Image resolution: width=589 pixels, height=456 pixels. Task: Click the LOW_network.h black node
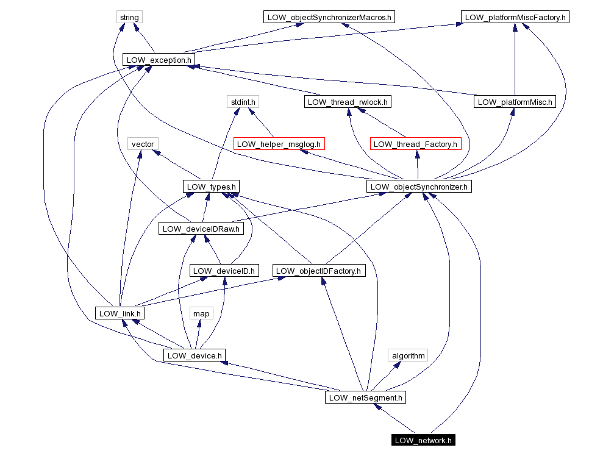click(x=423, y=440)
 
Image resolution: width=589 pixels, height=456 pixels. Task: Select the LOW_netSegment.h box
click(x=365, y=397)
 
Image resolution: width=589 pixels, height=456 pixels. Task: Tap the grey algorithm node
click(x=408, y=355)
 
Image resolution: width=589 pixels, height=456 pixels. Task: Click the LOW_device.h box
click(x=195, y=355)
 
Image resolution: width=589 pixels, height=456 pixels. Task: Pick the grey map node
click(x=201, y=313)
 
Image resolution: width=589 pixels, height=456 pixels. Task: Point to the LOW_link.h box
click(x=120, y=313)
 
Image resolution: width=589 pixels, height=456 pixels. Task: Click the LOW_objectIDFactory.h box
click(x=318, y=271)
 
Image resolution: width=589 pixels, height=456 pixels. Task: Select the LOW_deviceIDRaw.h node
click(x=201, y=229)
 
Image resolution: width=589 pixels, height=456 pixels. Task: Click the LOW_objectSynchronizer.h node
click(x=419, y=187)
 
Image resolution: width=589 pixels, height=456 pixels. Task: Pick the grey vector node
click(x=143, y=144)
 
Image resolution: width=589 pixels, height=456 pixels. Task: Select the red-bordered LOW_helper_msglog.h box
click(x=279, y=144)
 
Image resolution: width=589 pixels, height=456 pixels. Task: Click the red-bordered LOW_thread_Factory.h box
click(x=415, y=144)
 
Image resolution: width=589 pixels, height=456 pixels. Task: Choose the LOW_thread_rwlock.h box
click(x=348, y=102)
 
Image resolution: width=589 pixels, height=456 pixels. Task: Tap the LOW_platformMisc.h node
click(x=515, y=102)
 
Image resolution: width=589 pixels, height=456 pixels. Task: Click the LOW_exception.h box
click(x=159, y=60)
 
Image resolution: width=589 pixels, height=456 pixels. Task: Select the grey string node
click(x=129, y=17)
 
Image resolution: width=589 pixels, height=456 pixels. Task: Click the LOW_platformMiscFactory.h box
click(x=515, y=17)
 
